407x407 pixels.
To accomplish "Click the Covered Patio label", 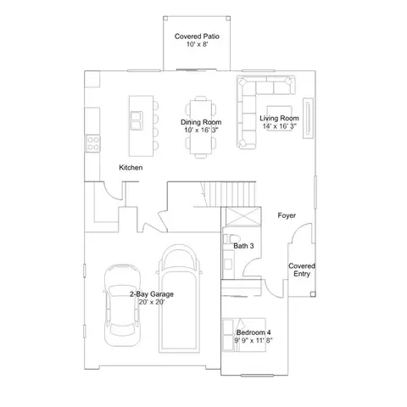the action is click(197, 36).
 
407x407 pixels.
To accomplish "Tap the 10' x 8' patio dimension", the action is click(198, 44).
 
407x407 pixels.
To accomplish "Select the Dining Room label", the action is click(201, 122).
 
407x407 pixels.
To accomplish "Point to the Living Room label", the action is click(279, 118).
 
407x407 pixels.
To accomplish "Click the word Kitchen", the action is click(131, 168).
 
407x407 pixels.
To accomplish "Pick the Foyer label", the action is click(287, 215).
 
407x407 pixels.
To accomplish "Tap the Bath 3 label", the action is click(243, 246).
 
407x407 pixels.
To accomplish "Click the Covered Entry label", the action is click(302, 270).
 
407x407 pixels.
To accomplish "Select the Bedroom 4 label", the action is click(254, 332).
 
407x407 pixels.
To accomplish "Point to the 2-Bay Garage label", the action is click(152, 294).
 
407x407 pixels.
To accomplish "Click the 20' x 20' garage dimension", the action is click(152, 302).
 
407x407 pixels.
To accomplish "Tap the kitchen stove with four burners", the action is click(93, 143).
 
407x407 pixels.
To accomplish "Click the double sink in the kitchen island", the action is click(137, 120).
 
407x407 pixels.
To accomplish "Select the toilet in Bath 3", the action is click(231, 239).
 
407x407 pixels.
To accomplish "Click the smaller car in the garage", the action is click(122, 305).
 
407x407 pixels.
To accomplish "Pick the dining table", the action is click(201, 127).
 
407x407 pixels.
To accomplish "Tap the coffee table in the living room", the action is click(279, 118).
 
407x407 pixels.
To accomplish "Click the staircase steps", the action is click(230, 194).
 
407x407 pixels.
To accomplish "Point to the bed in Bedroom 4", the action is click(244, 335).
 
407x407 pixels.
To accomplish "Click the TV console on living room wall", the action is click(308, 118).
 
